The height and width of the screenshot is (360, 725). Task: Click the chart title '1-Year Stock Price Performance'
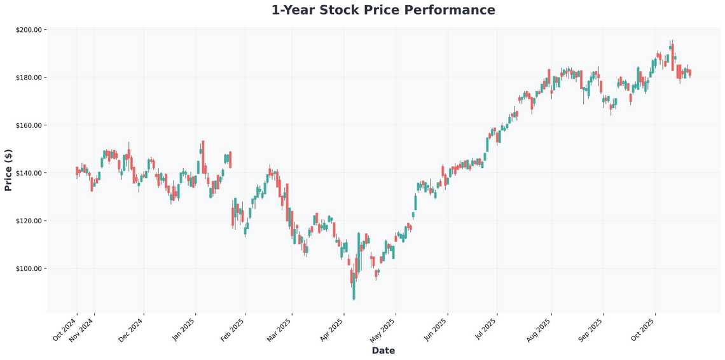(x=383, y=10)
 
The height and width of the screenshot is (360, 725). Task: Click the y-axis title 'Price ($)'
(x=8, y=170)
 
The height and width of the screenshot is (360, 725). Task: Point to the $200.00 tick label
(x=28, y=30)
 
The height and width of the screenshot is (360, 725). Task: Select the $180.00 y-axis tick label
(x=28, y=78)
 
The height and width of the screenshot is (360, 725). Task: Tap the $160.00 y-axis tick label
(x=28, y=125)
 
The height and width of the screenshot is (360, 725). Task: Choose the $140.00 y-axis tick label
(x=28, y=173)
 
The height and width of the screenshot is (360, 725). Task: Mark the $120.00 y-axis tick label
(x=28, y=221)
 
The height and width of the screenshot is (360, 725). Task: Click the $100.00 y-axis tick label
(x=28, y=268)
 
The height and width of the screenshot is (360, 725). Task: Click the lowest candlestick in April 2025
(x=354, y=289)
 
